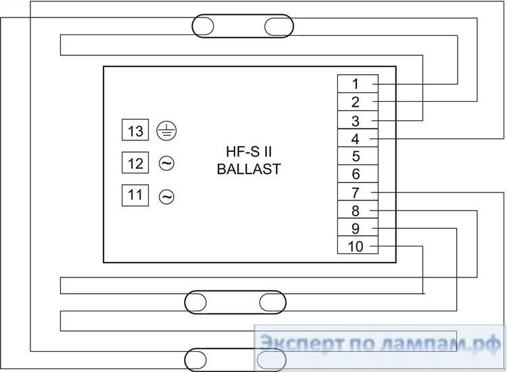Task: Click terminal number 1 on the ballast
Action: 358,84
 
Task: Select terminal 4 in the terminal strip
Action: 358,138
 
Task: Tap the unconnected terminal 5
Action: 358,156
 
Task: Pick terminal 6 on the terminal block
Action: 358,174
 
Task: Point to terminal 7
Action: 358,192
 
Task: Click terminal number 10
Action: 358,245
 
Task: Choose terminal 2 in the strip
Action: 358,102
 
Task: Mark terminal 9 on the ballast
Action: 358,228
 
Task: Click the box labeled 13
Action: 135,130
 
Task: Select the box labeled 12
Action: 135,163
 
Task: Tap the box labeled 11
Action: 135,195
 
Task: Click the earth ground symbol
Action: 166,131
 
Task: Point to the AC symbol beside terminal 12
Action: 166,163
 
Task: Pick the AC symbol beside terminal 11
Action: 166,196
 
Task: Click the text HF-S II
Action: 249,152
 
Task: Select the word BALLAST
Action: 249,169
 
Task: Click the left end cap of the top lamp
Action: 203,26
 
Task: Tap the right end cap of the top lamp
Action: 279,26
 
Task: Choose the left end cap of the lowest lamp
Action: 195,360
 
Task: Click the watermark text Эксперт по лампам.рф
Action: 380,344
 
